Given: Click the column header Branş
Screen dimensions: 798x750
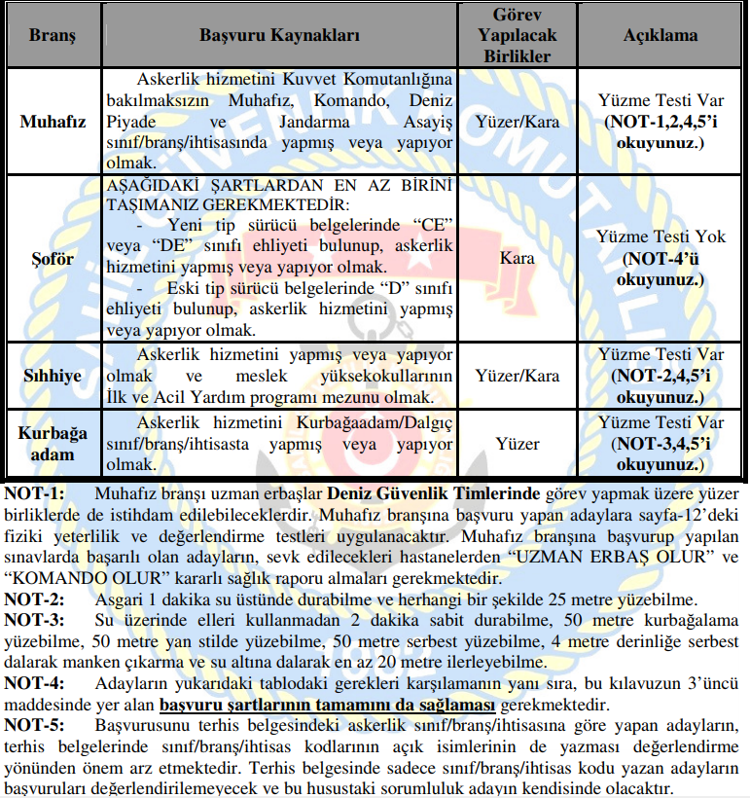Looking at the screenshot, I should click(52, 36).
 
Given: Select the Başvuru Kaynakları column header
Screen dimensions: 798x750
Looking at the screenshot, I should click(280, 36).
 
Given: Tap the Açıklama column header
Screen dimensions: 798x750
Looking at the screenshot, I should click(661, 36).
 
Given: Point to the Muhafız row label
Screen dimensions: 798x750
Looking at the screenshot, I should click(53, 123).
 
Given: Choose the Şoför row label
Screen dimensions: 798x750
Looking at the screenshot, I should click(53, 260).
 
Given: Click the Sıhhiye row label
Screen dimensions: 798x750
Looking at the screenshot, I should click(53, 375).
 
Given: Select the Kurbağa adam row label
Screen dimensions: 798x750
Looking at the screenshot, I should click(53, 444).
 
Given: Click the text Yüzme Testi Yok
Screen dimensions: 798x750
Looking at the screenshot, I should click(661, 236).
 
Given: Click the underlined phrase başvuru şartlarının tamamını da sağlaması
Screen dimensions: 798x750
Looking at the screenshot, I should click(328, 704).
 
